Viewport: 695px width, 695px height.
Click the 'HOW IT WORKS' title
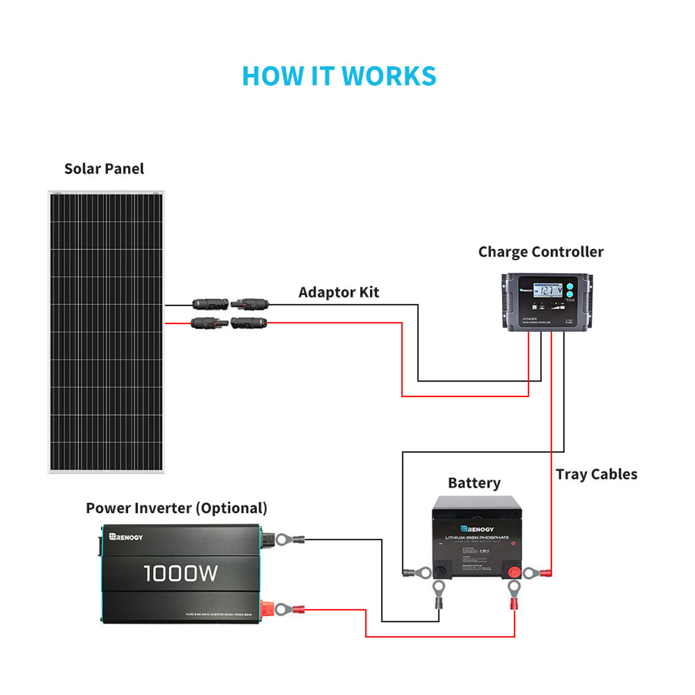pyautogui.click(x=339, y=76)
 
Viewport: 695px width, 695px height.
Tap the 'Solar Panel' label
pyautogui.click(x=104, y=169)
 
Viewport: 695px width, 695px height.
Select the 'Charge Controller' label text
pyautogui.click(x=540, y=252)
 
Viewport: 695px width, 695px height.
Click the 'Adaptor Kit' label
pyautogui.click(x=338, y=292)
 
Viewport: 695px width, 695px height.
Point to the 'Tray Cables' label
pyautogui.click(x=596, y=475)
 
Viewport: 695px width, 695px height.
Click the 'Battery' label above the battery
pyautogui.click(x=474, y=483)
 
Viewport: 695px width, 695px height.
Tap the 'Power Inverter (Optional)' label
pyautogui.click(x=176, y=508)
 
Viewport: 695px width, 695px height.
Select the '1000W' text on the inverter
pyautogui.click(x=181, y=573)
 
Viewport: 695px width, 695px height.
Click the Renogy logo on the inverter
pyautogui.click(x=126, y=537)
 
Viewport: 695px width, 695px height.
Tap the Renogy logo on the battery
pyautogui.click(x=477, y=529)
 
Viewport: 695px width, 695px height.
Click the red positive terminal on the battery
pyautogui.click(x=513, y=572)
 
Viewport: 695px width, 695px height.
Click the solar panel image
pyautogui.click(x=106, y=332)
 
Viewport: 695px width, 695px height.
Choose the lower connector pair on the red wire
pyautogui.click(x=229, y=324)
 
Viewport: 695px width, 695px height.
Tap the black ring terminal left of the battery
pyautogui.click(x=418, y=572)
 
